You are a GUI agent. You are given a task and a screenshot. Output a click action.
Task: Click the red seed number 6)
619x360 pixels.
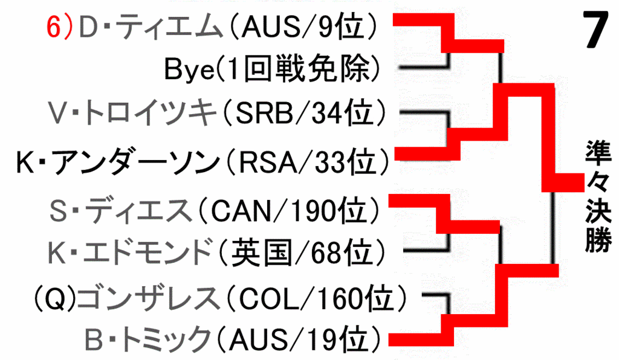point(60,27)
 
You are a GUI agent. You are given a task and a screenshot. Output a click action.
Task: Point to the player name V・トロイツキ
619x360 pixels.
point(132,113)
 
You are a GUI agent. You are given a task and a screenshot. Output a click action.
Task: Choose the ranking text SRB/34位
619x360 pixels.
point(303,113)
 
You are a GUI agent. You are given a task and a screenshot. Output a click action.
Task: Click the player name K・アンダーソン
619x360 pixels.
point(118,162)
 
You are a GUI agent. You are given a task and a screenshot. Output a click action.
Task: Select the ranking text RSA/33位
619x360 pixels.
point(306,162)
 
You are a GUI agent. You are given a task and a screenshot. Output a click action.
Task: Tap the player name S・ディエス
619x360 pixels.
point(121,211)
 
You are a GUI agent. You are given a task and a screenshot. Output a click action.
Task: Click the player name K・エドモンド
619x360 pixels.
point(131,252)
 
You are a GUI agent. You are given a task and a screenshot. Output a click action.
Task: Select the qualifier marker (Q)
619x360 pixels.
point(54,298)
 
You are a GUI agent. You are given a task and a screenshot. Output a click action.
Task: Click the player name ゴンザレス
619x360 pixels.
point(149,298)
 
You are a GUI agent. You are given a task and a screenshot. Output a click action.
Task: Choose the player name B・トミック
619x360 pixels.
point(148,339)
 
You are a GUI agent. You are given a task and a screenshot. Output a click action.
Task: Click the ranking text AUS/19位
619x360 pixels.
point(299,339)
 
